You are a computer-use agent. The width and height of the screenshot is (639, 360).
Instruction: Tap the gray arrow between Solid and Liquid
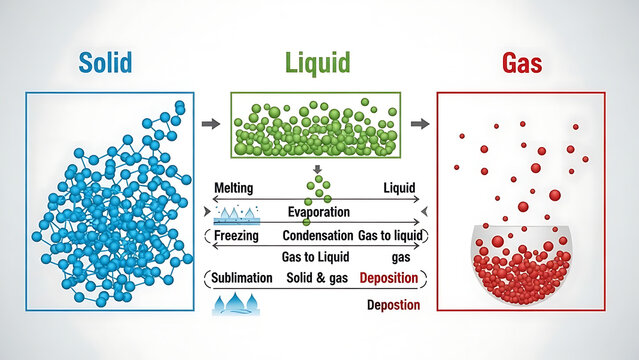[211, 124]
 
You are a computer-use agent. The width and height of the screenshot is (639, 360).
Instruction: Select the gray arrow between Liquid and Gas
[420, 124]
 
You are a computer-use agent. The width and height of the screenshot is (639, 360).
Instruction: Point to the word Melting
[233, 188]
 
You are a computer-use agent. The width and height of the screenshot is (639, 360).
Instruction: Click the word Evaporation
[318, 212]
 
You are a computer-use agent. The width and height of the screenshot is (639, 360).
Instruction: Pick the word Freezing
[236, 236]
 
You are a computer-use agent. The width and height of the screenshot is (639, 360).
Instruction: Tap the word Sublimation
[243, 277]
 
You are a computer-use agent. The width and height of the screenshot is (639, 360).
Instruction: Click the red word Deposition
[389, 277]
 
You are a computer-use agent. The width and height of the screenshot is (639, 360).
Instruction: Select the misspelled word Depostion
[393, 304]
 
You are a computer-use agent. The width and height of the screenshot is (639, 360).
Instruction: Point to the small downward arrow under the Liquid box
[318, 169]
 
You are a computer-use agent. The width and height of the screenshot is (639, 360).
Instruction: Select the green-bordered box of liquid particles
[316, 125]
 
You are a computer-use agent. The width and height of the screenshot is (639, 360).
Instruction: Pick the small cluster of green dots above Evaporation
[318, 188]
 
